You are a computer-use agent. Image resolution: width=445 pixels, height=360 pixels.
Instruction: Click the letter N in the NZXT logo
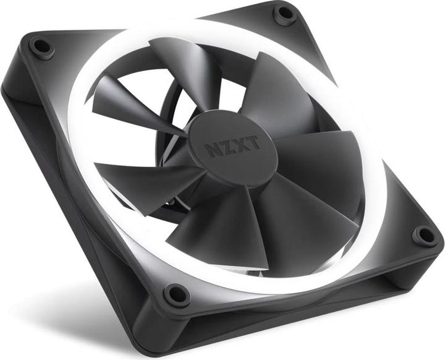pos(212,150)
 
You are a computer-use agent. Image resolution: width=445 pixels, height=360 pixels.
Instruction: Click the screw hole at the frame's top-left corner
pos(41,46)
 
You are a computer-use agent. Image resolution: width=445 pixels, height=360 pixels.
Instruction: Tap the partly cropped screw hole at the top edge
pos(285,12)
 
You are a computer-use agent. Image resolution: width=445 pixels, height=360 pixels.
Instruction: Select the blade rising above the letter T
pos(272,93)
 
